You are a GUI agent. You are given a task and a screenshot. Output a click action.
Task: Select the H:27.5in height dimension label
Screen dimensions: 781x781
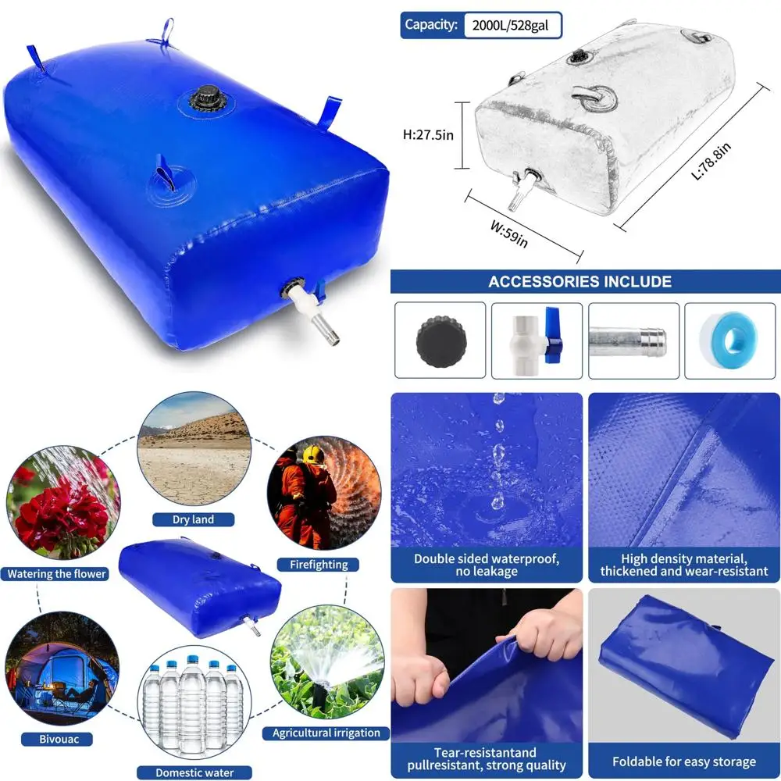coord(429,134)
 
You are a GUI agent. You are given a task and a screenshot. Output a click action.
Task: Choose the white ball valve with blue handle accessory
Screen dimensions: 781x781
coord(537,340)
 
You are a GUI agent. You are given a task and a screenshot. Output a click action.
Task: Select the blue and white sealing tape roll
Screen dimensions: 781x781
coord(730,340)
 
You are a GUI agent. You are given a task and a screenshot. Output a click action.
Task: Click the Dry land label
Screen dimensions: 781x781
coord(193,519)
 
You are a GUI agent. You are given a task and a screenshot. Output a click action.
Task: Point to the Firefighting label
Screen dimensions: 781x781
coord(318,564)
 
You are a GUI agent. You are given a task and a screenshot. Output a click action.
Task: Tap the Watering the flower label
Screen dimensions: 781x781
coord(56,574)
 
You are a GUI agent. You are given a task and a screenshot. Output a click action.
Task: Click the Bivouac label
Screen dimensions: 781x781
coord(55,738)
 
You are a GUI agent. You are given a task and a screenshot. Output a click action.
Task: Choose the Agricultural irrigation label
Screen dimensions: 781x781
coord(326,733)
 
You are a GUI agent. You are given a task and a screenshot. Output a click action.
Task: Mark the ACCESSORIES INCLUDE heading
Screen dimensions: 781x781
coord(580,281)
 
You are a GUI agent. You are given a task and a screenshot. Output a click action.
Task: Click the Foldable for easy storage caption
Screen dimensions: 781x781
coord(683,762)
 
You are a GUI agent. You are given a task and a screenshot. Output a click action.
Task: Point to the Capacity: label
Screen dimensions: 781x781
coord(430,25)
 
